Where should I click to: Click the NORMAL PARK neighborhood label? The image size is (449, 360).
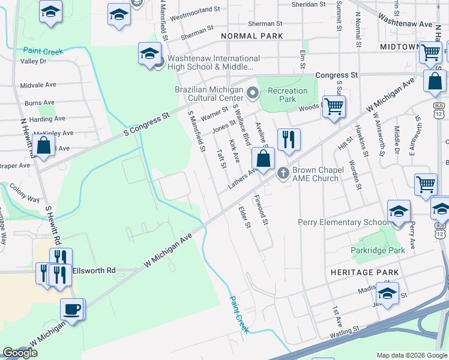click(252, 37)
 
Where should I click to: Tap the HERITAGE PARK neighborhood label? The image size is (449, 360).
click(364, 272)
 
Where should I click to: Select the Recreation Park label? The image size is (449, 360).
click(288, 95)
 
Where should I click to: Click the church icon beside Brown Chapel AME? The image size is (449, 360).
click(283, 174)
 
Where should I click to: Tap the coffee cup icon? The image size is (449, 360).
click(73, 310)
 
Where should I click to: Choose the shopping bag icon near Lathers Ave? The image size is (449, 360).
click(263, 160)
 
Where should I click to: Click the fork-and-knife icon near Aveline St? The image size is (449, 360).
click(289, 140)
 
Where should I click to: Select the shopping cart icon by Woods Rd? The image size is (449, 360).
click(334, 107)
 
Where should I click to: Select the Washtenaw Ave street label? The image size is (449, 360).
click(406, 24)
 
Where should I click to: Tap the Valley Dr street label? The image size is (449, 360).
click(33, 61)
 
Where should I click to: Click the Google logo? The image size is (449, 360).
click(20, 353)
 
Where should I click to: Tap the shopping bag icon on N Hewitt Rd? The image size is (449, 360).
click(44, 145)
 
